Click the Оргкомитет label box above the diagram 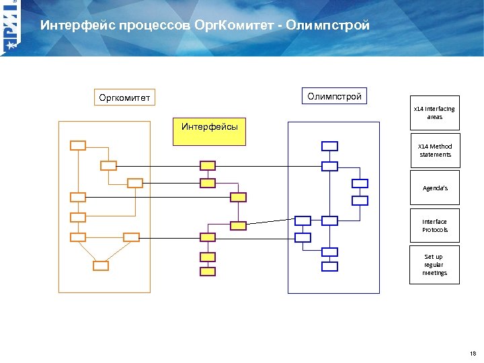124,98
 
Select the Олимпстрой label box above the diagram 334,96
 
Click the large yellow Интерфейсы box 209,130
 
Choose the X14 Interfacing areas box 435,112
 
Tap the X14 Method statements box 435,150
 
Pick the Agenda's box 435,188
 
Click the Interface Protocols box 435,226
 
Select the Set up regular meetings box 435,264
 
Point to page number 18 473,353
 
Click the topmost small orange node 79,145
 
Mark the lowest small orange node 100,266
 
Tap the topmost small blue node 329,146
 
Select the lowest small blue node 329,266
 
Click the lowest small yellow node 208,272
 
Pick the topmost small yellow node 208,165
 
